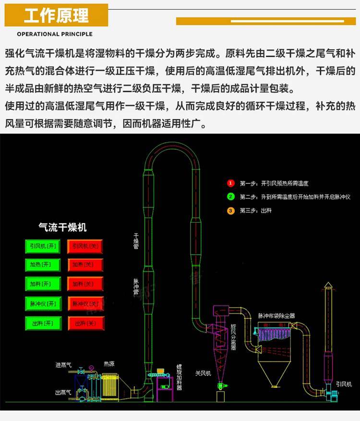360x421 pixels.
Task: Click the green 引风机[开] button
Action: (x=43, y=246)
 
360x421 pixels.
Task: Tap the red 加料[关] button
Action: (x=85, y=284)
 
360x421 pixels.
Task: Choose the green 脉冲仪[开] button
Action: (x=43, y=304)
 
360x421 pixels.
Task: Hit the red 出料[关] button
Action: (x=85, y=324)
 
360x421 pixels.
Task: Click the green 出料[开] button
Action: (x=43, y=324)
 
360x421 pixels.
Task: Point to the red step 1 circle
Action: (x=231, y=183)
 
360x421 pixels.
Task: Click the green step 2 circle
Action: (x=231, y=197)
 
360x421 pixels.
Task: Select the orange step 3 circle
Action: (x=231, y=211)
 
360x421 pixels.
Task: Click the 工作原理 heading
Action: (x=56, y=15)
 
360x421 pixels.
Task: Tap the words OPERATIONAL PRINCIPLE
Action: (x=55, y=34)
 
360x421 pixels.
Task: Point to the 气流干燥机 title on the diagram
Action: (x=62, y=227)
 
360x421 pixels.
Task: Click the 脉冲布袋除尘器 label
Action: (x=276, y=315)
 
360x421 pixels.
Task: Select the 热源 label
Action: (x=109, y=364)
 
